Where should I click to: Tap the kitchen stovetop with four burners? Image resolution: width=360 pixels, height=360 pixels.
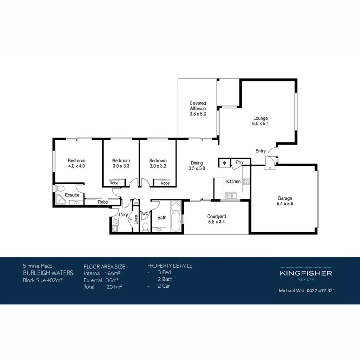246,181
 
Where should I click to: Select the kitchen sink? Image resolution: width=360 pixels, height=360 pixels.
231,195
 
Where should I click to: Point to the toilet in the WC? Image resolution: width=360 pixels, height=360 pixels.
146,227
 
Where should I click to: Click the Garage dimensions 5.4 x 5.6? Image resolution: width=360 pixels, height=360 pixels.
285,204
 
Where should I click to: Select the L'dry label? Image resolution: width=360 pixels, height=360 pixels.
123,215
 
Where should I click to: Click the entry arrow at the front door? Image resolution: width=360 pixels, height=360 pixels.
272,168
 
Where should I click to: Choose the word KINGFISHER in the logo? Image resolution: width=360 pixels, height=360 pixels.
306,273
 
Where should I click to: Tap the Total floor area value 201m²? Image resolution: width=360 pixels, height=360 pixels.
114,286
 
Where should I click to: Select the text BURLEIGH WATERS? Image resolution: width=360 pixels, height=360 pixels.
48,273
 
